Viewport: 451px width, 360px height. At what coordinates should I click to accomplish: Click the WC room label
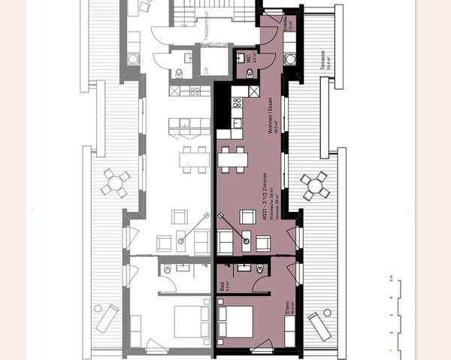255,57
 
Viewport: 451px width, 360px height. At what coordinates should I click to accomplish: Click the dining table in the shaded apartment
232,159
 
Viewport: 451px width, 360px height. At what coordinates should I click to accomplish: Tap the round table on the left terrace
115,182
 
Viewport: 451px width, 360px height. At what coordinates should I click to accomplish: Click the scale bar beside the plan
392,315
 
